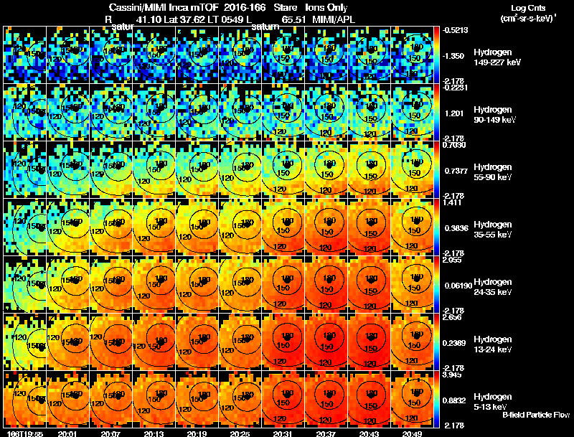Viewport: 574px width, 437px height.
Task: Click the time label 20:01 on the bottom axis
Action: click(67, 433)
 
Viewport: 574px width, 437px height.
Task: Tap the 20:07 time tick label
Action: click(111, 433)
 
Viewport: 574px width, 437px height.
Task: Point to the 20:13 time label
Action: click(154, 433)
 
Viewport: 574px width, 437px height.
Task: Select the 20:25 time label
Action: click(240, 433)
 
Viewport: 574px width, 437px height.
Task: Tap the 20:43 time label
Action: click(369, 433)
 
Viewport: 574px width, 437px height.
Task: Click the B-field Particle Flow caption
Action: click(536, 415)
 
